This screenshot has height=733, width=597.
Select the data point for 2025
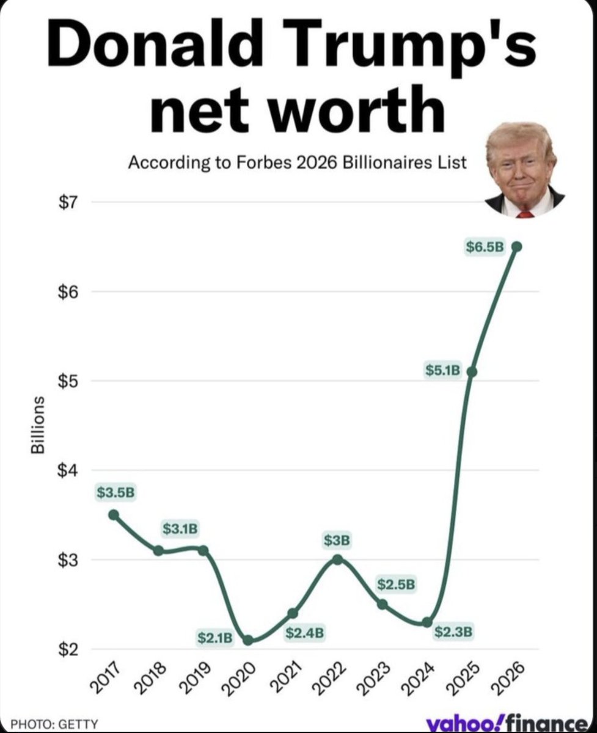coord(471,371)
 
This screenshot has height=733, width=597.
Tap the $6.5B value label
coord(485,247)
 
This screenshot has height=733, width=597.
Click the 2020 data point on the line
coord(247,640)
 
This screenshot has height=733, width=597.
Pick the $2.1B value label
coord(215,638)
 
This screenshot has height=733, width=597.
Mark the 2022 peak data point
coord(337,559)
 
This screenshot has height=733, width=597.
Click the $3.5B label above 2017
coord(115,492)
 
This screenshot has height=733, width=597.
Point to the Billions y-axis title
coord(38,424)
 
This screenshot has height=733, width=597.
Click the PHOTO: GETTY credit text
coord(63,723)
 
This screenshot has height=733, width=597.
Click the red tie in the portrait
coord(525,214)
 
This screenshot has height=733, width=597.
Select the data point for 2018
coord(158,550)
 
